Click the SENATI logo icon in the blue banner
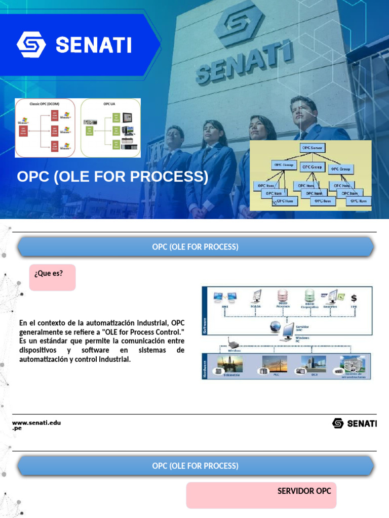pyautogui.click(x=32, y=45)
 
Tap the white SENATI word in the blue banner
pyautogui.click(x=94, y=46)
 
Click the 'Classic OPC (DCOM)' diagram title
pyautogui.click(x=45, y=104)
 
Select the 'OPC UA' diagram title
pyautogui.click(x=110, y=104)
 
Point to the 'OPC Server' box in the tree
pyautogui.click(x=313, y=148)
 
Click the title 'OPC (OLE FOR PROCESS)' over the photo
pyautogui.click(x=112, y=177)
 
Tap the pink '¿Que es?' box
pyautogui.click(x=52, y=277)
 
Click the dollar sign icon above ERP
pyautogui.click(x=354, y=298)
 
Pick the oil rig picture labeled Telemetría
pyautogui.click(x=231, y=363)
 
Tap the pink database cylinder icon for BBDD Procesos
pyautogui.click(x=282, y=296)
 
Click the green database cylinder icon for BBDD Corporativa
pyautogui.click(x=309, y=296)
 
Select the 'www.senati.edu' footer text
pyautogui.click(x=36, y=422)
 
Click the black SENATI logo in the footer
pyautogui.click(x=354, y=423)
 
